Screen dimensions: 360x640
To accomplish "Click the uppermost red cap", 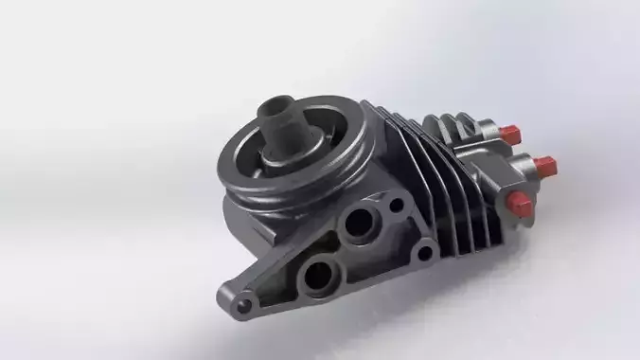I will click(x=511, y=132).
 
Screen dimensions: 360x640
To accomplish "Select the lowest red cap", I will click(x=520, y=200).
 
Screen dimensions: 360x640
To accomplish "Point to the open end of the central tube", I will click(x=278, y=103).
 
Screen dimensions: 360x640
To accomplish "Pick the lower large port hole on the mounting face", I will click(x=318, y=276).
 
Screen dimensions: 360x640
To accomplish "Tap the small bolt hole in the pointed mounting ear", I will click(x=244, y=304).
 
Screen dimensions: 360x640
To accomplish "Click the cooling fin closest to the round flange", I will click(x=379, y=142).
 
